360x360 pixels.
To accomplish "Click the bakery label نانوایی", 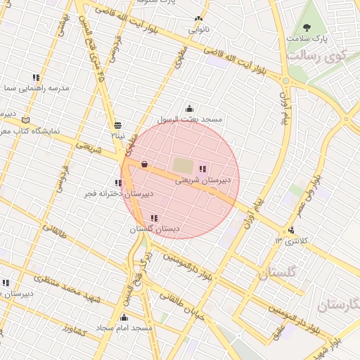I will point(198,30).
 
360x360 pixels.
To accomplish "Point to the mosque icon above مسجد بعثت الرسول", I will point(189,109).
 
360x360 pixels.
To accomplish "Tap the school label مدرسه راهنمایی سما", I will point(35,89).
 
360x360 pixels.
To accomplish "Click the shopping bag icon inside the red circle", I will point(144,164).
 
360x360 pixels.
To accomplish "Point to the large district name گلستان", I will point(278,273).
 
